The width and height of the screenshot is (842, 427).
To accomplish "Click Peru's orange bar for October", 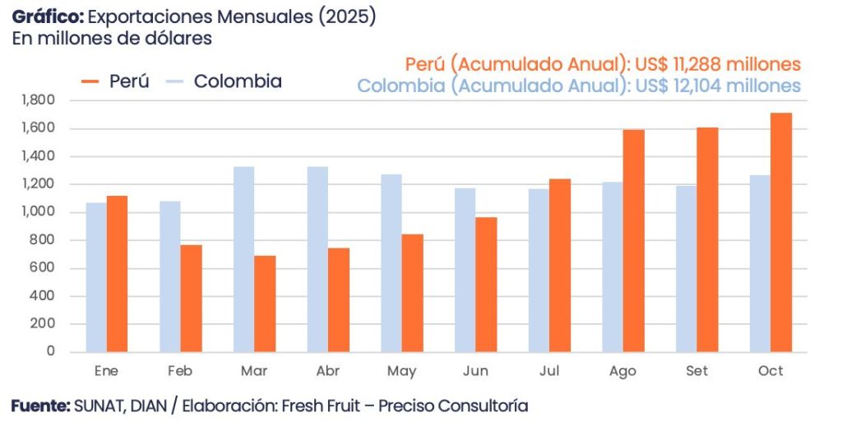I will click(x=781, y=233).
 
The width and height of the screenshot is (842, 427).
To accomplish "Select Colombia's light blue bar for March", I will click(x=243, y=259).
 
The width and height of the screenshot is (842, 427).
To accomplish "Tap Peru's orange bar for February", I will click(x=191, y=298).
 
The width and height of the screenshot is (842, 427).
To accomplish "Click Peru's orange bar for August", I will click(x=633, y=240).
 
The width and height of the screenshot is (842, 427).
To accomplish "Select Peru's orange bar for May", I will click(x=412, y=293).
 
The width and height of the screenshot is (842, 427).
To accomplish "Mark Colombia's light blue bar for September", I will click(x=687, y=268).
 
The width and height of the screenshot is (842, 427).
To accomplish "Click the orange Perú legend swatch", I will click(x=90, y=81).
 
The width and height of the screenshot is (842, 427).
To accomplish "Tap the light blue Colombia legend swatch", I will click(x=174, y=81).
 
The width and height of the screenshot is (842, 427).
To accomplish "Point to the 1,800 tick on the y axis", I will click(x=39, y=100).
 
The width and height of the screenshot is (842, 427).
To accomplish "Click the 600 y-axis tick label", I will click(x=44, y=268).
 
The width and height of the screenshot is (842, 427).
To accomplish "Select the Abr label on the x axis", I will click(x=328, y=371).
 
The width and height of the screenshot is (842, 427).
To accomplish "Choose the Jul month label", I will click(x=549, y=371).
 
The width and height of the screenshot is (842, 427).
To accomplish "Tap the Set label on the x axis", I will click(x=697, y=371).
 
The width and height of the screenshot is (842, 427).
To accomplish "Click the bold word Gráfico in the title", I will click(x=47, y=17).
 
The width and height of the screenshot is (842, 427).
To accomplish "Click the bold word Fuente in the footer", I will click(x=40, y=406).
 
